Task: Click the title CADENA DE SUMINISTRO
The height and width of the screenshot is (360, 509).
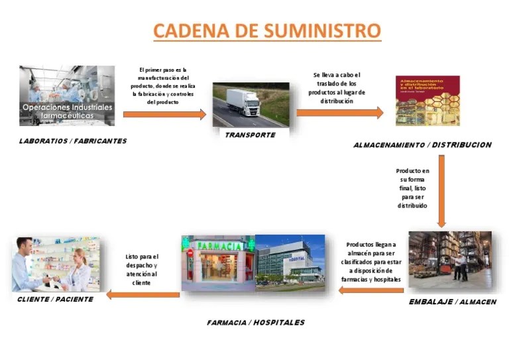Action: tap(267, 30)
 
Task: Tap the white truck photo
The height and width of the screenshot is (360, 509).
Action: tap(251, 105)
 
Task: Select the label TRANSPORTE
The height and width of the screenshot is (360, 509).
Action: tap(251, 135)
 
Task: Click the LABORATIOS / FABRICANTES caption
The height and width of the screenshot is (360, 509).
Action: tap(72, 141)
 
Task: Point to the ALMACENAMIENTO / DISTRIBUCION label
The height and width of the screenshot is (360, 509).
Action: tap(422, 145)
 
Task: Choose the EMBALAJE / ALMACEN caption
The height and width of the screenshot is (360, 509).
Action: tap(452, 302)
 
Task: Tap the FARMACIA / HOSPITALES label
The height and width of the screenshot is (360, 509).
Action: tap(256, 322)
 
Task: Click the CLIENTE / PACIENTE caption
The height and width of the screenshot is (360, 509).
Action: tap(55, 299)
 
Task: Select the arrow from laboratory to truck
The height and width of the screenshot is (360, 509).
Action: tap(164, 115)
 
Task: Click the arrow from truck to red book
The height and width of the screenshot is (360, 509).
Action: tap(339, 113)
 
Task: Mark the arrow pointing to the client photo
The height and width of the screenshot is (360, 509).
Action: tap(143, 294)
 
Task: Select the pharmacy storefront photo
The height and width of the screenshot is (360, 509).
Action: tap(218, 263)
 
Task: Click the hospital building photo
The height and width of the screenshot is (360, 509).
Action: tap(290, 263)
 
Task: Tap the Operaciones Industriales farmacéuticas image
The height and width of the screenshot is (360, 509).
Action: tap(67, 95)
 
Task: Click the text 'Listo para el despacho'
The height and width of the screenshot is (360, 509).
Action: tap(142, 269)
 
